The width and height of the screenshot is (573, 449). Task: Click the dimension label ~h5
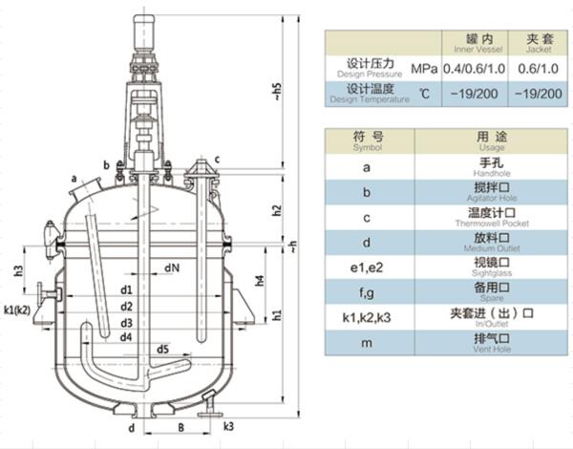click(x=278, y=92)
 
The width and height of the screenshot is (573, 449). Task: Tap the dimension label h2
click(x=278, y=210)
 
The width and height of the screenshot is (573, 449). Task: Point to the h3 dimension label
click(x=18, y=271)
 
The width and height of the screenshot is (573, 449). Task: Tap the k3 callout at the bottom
click(x=228, y=425)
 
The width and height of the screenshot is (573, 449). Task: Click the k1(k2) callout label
click(x=20, y=309)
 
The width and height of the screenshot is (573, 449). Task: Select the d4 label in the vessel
click(x=126, y=336)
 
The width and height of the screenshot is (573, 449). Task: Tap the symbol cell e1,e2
click(x=367, y=267)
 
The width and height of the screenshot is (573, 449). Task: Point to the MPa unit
click(x=424, y=70)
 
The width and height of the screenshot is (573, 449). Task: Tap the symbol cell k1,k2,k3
click(x=367, y=314)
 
